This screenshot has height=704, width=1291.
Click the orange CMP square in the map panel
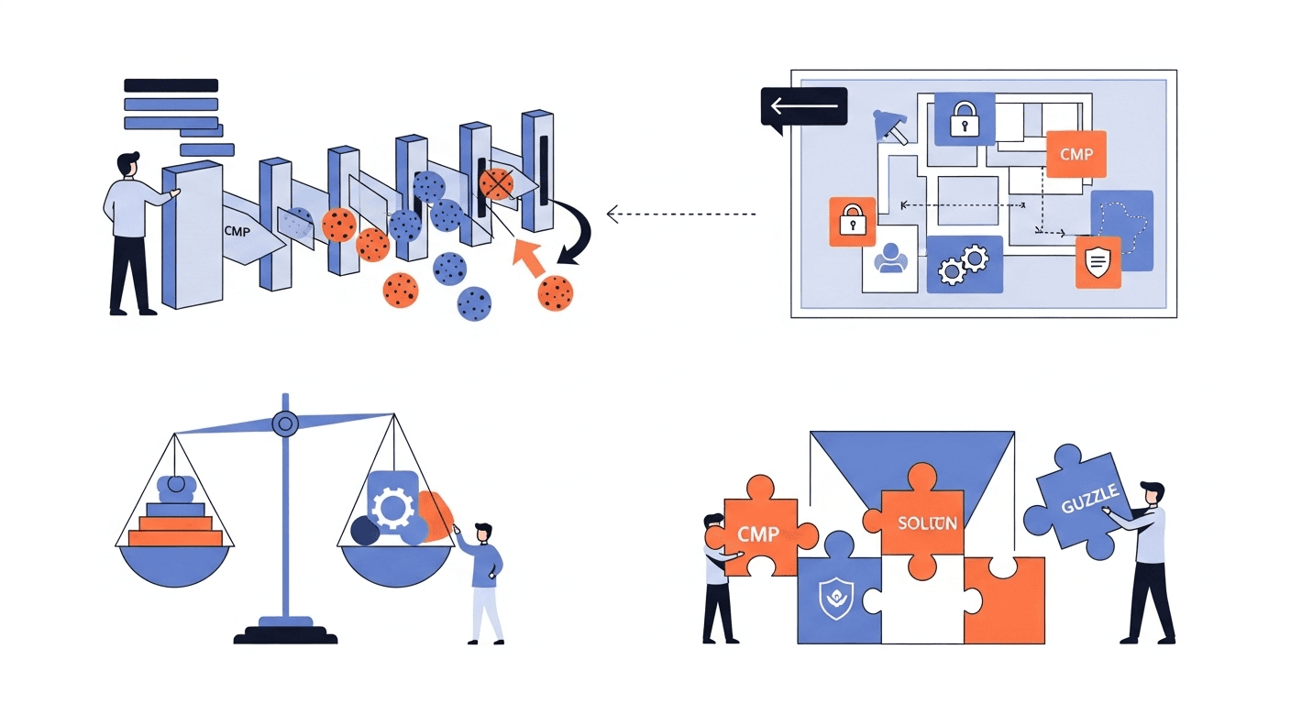coord(1076,154)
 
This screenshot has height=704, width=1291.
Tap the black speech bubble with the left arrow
coord(803,108)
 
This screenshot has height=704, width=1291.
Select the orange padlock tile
coord(853,222)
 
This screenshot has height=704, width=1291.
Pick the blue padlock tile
coord(964,119)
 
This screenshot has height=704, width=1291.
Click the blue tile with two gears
coord(964,264)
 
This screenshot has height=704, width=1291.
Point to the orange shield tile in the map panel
coord(1098,262)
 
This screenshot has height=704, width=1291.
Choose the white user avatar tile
coord(889,264)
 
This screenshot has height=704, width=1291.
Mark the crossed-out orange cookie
coord(496,184)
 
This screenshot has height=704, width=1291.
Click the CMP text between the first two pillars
coord(237,232)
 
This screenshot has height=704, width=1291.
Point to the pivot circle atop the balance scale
coord(285,423)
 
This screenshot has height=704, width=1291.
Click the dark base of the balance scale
coord(284,633)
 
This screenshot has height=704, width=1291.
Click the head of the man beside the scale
coord(483,533)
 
